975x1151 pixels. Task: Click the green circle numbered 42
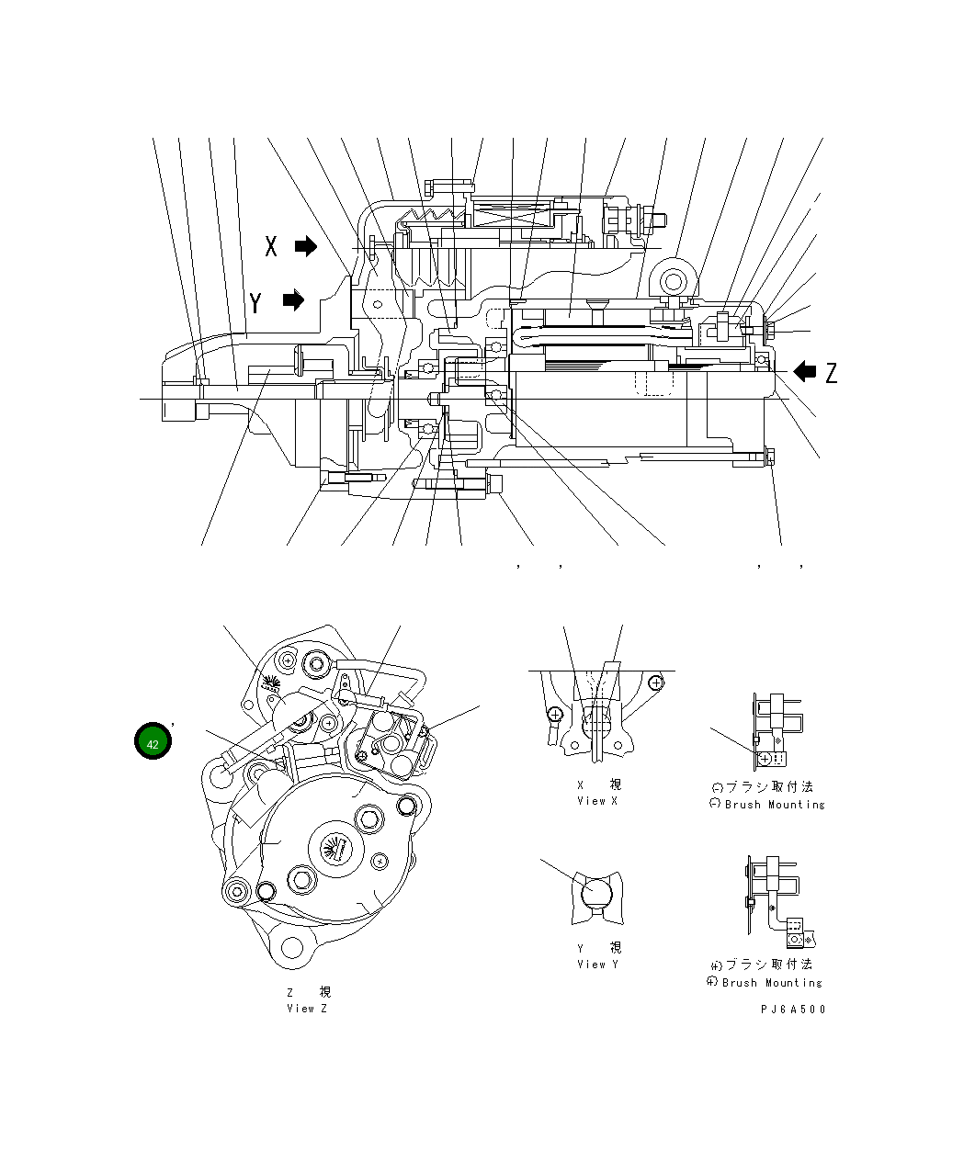(153, 742)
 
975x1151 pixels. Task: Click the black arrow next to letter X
(306, 246)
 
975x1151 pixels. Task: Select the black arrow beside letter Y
(293, 300)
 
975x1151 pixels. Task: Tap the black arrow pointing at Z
(805, 371)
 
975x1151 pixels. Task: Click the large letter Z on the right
(831, 373)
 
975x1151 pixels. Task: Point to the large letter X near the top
(271, 246)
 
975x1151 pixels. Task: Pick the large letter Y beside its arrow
(255, 302)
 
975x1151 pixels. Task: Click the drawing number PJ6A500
(793, 1009)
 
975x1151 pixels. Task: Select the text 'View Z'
(307, 1009)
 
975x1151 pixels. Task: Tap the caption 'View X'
(597, 801)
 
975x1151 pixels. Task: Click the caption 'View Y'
(597, 965)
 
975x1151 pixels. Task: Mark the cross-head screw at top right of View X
(655, 683)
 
